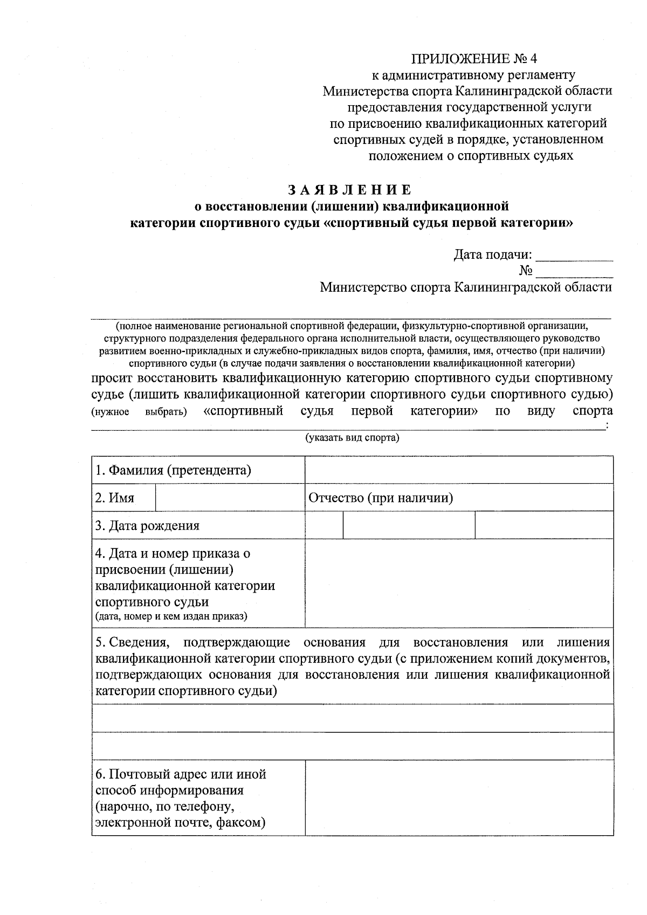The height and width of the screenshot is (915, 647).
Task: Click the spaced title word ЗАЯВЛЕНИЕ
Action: pos(349,190)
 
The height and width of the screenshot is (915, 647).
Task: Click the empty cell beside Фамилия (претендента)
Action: pos(459,470)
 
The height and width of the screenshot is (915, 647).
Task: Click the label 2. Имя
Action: pos(114,498)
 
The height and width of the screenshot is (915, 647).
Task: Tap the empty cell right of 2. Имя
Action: pos(230,498)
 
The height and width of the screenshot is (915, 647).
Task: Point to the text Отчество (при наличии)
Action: pos(381,498)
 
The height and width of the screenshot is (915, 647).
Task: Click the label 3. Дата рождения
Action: pos(147,526)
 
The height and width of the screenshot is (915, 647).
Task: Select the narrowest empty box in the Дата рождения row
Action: pos(324,526)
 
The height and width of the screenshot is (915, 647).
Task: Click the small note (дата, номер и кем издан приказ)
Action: pos(171,616)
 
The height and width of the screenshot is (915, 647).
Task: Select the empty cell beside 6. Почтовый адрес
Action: pos(459,798)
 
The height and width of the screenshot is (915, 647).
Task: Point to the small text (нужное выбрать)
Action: pos(139,412)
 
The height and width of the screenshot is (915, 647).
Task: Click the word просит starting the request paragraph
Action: pos(111,377)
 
